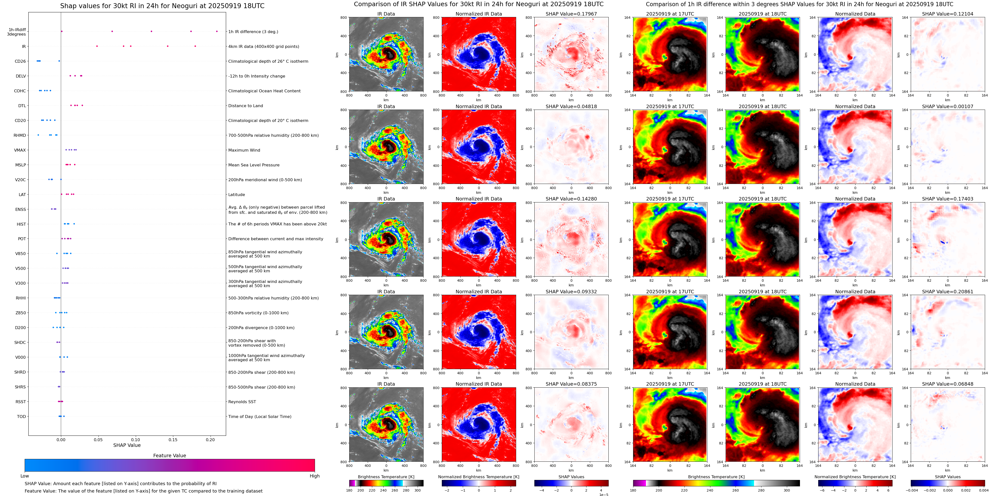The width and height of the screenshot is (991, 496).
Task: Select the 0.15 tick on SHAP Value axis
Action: pos(173,439)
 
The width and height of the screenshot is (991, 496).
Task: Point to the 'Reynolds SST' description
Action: pos(242,402)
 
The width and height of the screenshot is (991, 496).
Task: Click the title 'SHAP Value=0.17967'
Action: pos(571,14)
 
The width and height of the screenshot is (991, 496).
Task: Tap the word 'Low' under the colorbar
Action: pos(25,476)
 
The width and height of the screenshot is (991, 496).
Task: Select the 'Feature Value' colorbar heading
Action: pos(169,456)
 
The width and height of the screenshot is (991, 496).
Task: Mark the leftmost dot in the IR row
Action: pos(97,46)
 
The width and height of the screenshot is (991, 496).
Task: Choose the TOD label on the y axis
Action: pos(21,416)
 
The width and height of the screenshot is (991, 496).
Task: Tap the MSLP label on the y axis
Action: pos(20,165)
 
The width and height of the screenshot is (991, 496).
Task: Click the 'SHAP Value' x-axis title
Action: pos(127,445)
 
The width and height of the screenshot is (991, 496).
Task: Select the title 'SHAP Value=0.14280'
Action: pos(571,199)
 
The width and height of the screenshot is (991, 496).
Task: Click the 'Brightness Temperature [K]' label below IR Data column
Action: pos(386,477)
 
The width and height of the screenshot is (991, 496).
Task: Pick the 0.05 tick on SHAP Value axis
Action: pos(98,439)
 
